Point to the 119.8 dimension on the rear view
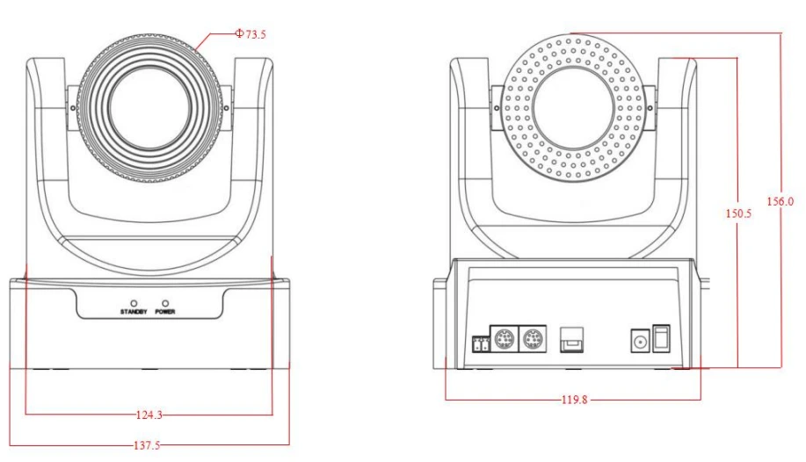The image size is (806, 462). [574, 400]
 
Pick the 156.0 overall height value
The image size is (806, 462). [780, 201]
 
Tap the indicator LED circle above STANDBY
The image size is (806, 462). [134, 302]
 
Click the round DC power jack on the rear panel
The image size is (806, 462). [640, 340]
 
